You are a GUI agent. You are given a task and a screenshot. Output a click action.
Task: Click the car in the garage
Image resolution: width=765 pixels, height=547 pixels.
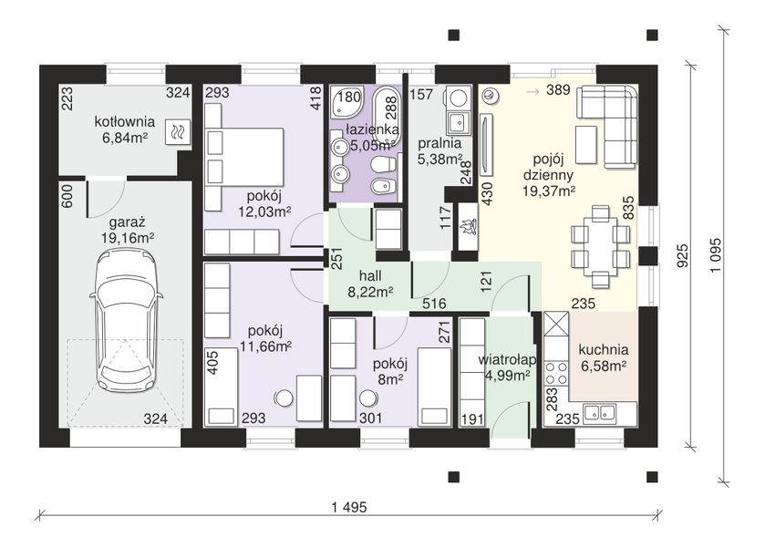(126, 321)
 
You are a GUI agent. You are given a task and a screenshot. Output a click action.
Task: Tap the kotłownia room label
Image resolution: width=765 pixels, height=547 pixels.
(124, 121)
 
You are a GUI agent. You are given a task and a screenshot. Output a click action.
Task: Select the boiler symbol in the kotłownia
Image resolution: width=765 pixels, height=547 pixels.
(178, 132)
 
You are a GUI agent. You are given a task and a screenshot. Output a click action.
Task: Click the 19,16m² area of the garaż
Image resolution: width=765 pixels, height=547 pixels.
(128, 238)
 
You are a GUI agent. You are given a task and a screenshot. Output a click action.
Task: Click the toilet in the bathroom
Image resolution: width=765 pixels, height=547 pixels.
(383, 165)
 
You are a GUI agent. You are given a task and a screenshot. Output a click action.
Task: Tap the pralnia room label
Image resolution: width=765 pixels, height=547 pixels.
(439, 143)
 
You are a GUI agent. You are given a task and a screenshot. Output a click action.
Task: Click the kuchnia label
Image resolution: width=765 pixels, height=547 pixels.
(604, 350)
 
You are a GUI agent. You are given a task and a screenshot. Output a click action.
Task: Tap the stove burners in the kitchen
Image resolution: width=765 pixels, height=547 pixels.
(557, 373)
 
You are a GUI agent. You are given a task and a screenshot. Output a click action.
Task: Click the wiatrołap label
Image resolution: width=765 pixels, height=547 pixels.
(507, 360)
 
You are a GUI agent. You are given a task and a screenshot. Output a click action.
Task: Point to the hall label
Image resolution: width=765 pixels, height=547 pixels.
(370, 276)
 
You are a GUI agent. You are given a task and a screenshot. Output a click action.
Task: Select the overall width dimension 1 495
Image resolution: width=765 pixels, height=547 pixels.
(349, 508)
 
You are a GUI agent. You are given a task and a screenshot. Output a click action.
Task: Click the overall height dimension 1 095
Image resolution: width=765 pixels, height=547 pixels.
(716, 255)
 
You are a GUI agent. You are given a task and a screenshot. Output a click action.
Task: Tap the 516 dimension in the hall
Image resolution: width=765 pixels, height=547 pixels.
(434, 304)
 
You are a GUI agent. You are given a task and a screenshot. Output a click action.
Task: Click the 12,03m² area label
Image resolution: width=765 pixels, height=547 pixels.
(265, 212)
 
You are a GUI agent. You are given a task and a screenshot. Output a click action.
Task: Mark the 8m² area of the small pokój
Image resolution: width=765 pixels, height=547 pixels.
(390, 379)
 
